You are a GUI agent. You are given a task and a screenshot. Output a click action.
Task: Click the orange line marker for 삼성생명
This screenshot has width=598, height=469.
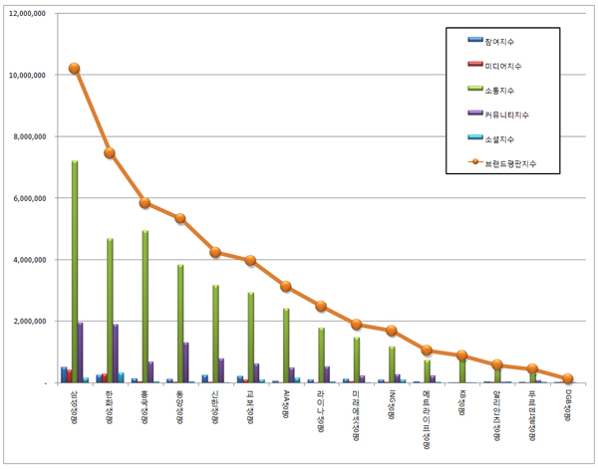click(75, 69)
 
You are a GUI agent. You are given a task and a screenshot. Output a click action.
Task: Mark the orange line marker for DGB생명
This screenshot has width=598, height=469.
click(568, 378)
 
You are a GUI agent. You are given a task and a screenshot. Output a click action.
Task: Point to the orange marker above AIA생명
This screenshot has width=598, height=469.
click(286, 286)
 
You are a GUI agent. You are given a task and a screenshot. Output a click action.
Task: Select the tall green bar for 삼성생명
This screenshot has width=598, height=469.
click(75, 271)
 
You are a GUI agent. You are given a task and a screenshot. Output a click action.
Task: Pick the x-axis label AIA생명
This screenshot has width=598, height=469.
click(286, 404)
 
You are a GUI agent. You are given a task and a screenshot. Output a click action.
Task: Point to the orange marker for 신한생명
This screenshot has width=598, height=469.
click(215, 252)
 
